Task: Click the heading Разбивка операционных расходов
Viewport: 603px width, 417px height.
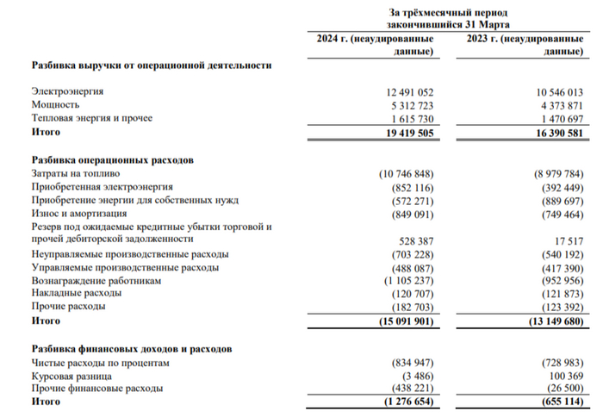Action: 113,160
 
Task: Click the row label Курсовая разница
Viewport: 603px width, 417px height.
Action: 71,377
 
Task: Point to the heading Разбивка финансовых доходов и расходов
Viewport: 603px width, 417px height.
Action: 132,350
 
